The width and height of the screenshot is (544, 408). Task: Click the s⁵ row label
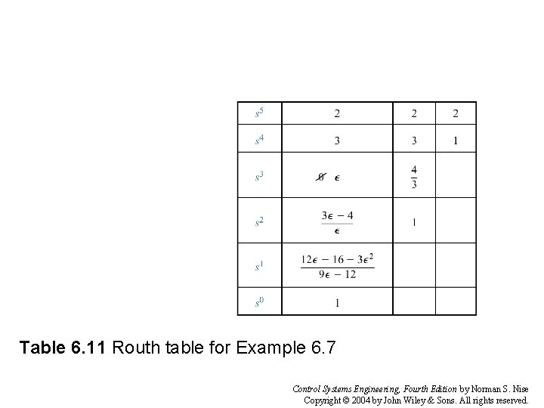click(x=259, y=113)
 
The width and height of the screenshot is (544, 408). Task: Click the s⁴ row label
click(x=259, y=140)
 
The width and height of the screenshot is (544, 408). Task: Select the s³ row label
click(x=259, y=177)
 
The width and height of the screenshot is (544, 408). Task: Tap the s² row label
click(x=259, y=221)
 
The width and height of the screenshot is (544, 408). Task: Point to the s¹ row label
click(x=259, y=265)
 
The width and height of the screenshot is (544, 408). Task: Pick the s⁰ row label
click(x=259, y=302)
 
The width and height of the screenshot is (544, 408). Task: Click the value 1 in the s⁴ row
click(x=456, y=141)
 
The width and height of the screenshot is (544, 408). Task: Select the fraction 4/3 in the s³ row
click(x=413, y=177)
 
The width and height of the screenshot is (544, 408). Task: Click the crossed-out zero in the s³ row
click(x=320, y=178)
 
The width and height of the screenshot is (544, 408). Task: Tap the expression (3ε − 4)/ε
click(x=337, y=222)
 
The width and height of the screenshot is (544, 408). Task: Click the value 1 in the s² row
click(x=414, y=222)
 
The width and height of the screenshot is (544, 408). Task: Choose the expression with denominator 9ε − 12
click(x=337, y=266)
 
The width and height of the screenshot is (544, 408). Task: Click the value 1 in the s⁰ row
click(x=337, y=303)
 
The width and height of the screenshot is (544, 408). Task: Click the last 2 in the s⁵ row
click(x=456, y=114)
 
